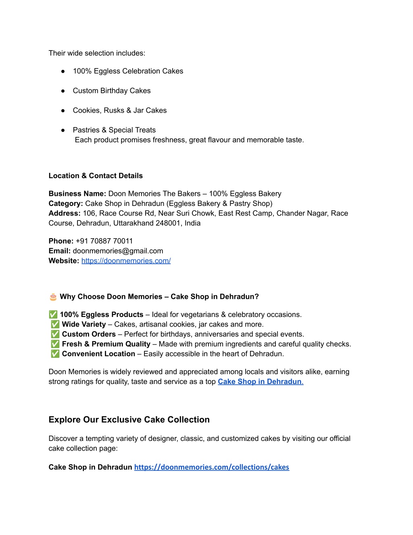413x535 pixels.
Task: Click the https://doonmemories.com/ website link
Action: tap(126, 261)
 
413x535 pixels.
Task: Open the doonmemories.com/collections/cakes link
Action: tap(211, 467)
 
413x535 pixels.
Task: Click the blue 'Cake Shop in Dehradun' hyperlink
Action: tap(260, 382)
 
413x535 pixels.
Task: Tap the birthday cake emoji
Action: tap(53, 297)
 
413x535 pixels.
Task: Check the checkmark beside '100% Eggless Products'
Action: tap(53, 315)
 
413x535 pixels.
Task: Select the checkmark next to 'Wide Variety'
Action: tap(55, 324)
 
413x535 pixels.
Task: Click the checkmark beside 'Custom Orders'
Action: tap(55, 334)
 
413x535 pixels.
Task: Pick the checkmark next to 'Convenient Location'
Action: tap(55, 354)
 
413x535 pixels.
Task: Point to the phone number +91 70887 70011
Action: tap(104, 241)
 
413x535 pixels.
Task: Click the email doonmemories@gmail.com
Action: tap(118, 251)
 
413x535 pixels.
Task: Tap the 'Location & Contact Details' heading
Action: tap(96, 176)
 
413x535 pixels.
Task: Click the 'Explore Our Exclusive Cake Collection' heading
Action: tap(129, 420)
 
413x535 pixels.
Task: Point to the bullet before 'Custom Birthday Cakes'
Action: tap(63, 91)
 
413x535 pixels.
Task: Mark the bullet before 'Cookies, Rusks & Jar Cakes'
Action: tap(63, 111)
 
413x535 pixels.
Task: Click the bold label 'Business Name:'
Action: tap(77, 194)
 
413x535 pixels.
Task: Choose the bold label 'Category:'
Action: tap(66, 204)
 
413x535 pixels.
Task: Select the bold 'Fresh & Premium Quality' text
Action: tap(106, 344)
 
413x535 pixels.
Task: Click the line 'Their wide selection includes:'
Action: tap(97, 53)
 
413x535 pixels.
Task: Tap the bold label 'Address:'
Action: tap(65, 213)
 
